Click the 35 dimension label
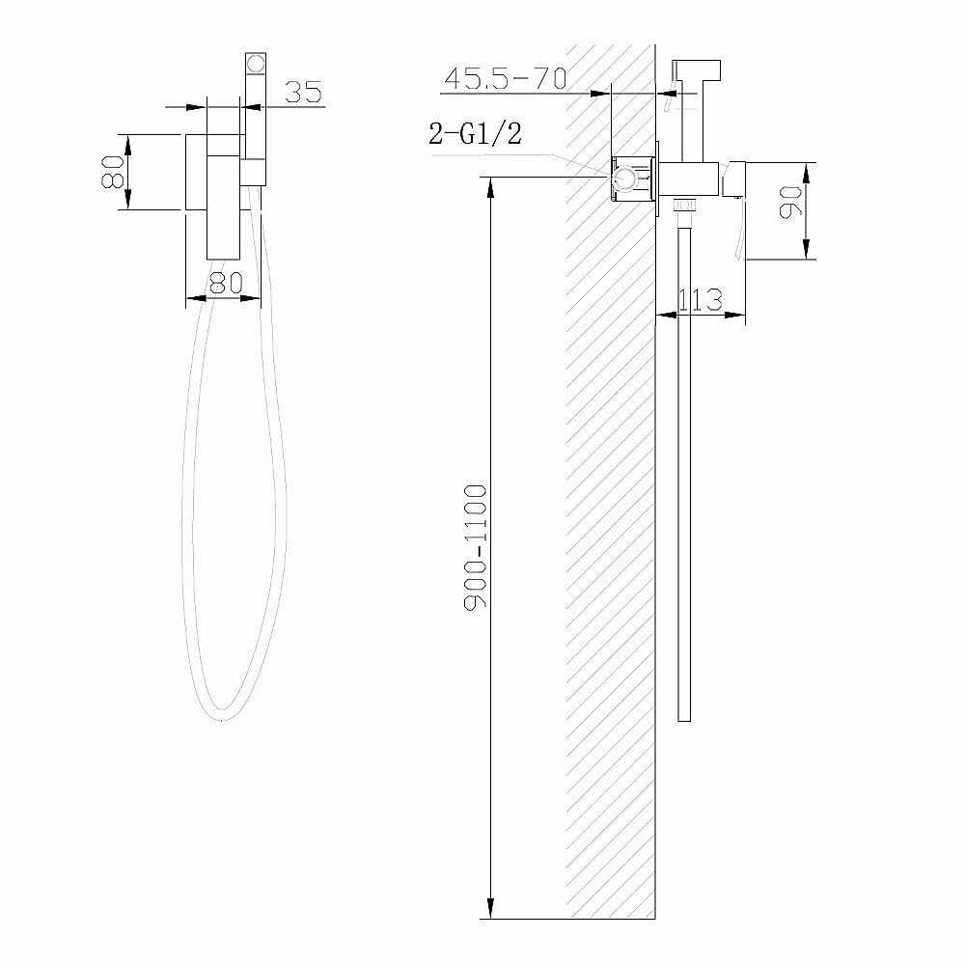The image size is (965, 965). pos(302,92)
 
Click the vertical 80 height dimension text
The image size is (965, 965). pos(113,171)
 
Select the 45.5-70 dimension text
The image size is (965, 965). pos(504,79)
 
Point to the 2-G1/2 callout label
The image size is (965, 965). pos(475,135)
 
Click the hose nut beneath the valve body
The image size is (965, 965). pos(684,205)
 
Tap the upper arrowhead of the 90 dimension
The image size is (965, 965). pos(809,172)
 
